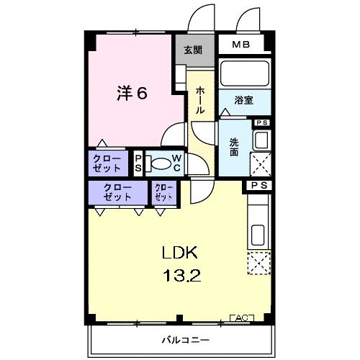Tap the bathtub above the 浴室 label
coord(243,74)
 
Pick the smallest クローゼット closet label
coord(163,192)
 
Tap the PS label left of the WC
coord(138,163)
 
